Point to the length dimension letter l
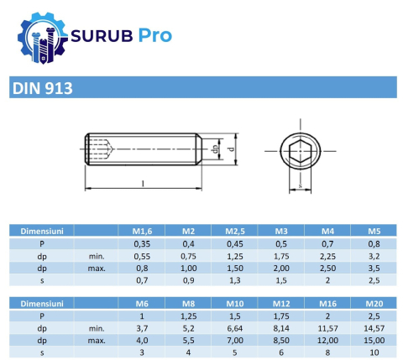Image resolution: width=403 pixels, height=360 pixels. tap(143, 182)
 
